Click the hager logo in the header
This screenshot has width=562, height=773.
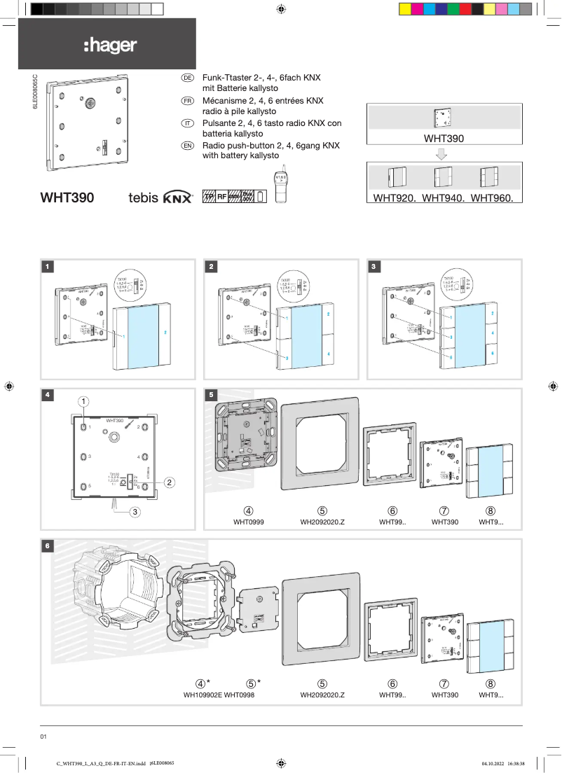(110, 46)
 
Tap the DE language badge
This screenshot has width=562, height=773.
(187, 78)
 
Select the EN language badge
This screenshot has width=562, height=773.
(187, 146)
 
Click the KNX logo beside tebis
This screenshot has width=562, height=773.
(177, 198)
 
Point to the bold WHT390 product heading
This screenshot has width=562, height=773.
(67, 198)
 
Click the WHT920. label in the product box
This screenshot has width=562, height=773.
(395, 198)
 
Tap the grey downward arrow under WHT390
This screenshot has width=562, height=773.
(443, 154)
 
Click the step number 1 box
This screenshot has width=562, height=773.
(47, 266)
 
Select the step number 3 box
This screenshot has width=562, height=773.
(375, 266)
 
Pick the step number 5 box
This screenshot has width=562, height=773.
(211, 395)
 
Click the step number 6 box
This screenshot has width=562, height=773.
(47, 545)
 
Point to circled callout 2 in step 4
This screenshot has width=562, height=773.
(170, 482)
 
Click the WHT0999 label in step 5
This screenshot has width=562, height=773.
(249, 522)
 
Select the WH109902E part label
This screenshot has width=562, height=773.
(203, 695)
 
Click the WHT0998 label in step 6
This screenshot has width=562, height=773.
(239, 695)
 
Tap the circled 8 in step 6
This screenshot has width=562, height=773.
(491, 683)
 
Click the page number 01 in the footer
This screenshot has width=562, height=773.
(43, 737)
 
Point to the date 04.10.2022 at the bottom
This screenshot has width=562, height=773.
(494, 763)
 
